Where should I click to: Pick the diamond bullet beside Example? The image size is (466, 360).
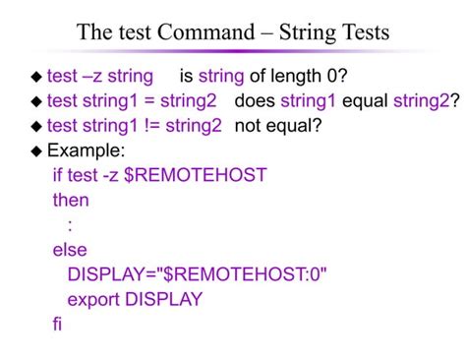point(37,151)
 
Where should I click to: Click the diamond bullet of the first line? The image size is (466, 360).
point(37,77)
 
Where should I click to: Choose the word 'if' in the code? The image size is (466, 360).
point(57,175)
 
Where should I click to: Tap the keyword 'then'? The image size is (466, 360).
point(71,200)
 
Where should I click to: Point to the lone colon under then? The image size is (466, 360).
point(70,225)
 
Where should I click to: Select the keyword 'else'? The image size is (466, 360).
point(70,250)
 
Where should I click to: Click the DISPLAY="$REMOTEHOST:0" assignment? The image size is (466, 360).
point(197,274)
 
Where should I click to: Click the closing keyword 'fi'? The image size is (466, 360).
point(57,324)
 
